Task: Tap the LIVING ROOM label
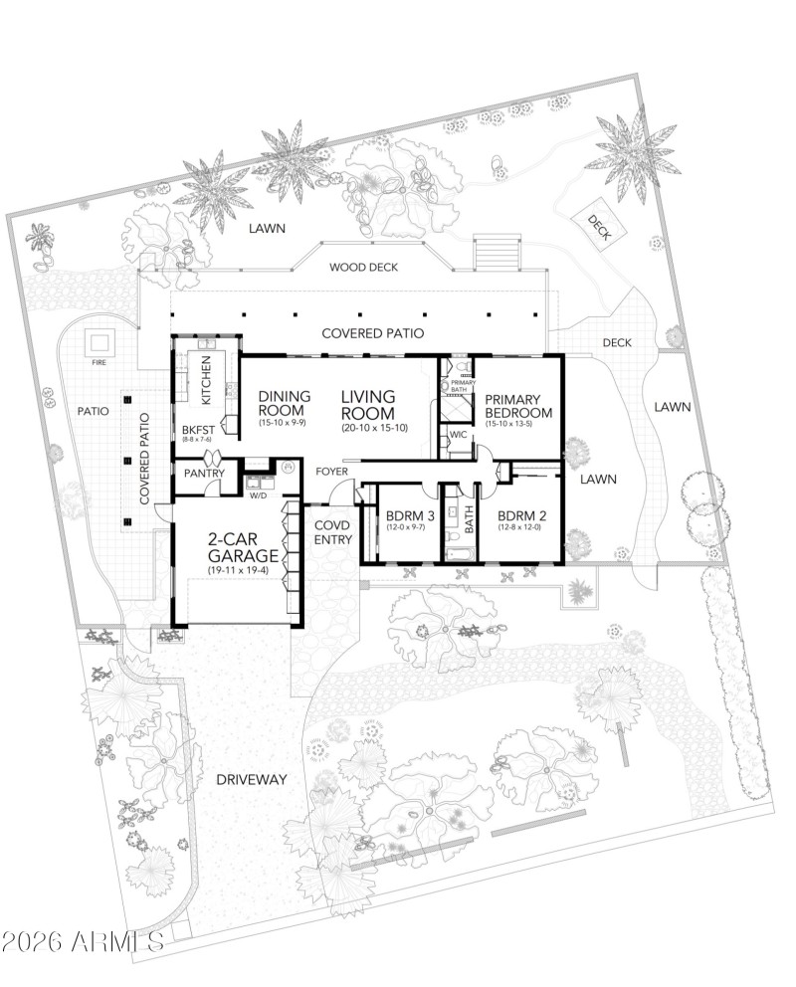coord(368,405)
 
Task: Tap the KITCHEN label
coord(207,380)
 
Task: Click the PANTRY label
coord(203,474)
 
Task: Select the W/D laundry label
coord(258,493)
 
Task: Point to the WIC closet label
coord(459,435)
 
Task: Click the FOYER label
coord(332,471)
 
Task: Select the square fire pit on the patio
coord(99,342)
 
